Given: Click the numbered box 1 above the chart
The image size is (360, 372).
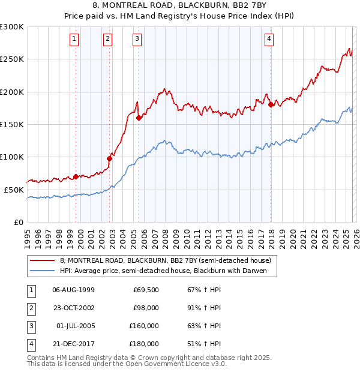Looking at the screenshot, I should (74, 40).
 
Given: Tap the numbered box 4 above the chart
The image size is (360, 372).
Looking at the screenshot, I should (269, 40).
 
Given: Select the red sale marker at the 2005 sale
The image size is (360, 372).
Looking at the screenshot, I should (139, 118).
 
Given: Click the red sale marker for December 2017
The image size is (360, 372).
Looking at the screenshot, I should (271, 105).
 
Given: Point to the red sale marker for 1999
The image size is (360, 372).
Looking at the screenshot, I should (76, 176).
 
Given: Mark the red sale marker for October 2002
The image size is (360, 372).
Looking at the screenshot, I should (110, 158).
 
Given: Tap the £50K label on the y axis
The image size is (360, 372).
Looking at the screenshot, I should (13, 190).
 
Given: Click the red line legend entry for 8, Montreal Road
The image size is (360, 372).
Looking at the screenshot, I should (166, 260).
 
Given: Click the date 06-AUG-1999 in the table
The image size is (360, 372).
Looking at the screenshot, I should (73, 290).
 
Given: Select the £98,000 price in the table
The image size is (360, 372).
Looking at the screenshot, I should (146, 308).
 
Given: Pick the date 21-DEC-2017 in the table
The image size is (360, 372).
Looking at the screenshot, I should (73, 344).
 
